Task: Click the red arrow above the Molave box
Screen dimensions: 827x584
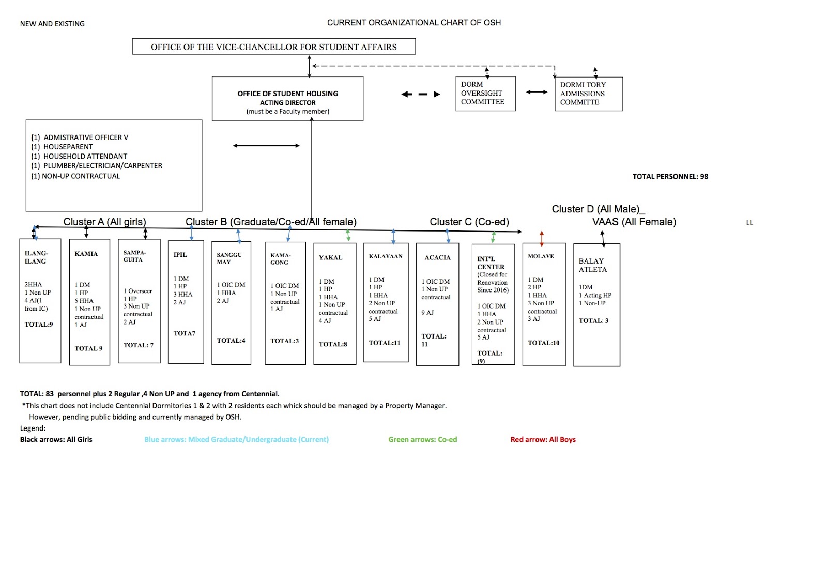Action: click(x=542, y=238)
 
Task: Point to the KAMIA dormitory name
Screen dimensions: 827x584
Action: click(x=86, y=254)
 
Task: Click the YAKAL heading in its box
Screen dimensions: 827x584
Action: click(x=330, y=257)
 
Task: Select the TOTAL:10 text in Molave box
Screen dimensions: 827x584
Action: click(x=543, y=343)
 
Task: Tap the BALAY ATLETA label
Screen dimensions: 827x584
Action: click(x=592, y=265)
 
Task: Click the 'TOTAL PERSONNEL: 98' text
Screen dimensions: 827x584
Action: click(x=670, y=176)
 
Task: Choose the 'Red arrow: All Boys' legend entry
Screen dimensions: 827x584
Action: click(x=543, y=439)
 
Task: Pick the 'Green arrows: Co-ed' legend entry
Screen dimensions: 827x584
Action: click(x=422, y=439)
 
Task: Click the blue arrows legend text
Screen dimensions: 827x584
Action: click(x=236, y=439)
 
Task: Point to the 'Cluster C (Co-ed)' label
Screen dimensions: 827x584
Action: click(x=469, y=222)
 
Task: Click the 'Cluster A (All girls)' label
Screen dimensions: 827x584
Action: click(x=105, y=222)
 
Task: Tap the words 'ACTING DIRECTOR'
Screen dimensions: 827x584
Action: click(x=287, y=103)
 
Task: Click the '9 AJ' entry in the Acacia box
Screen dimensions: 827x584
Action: click(x=427, y=313)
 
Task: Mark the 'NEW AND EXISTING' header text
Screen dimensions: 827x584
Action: click(x=52, y=24)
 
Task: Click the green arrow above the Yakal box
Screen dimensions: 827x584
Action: click(x=348, y=236)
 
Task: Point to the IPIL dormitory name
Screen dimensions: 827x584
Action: click(x=180, y=254)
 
